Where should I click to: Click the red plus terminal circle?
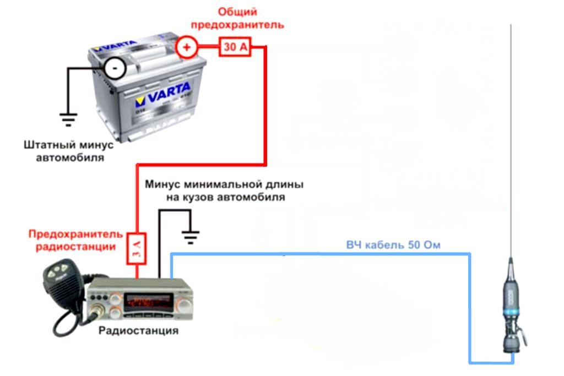click(x=186, y=47)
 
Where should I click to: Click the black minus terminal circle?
click(x=115, y=68)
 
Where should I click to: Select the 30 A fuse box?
click(x=235, y=47)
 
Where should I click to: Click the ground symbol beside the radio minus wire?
click(x=191, y=237)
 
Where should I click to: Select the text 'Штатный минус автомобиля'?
click(x=68, y=151)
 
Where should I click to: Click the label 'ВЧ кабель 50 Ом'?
click(x=393, y=245)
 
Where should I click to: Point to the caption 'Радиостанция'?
click(x=138, y=331)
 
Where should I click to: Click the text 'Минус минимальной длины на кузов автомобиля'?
click(x=224, y=190)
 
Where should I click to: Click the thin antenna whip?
click(x=512, y=138)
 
